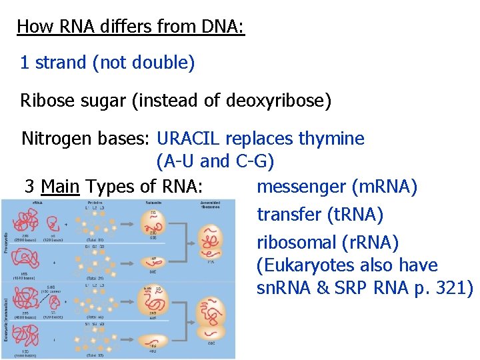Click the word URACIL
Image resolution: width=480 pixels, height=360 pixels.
[x=190, y=139]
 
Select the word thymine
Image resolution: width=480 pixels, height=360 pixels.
[x=331, y=139]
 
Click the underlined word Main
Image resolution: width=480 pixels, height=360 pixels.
[x=60, y=186]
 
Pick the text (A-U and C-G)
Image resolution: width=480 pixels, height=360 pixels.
[x=215, y=161]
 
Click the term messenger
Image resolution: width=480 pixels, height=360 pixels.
[x=300, y=187]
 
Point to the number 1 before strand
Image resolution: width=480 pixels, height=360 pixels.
[x=25, y=63]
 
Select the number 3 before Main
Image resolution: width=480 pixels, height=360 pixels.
[x=29, y=186]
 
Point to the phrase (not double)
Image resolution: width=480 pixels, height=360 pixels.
[x=143, y=63]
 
